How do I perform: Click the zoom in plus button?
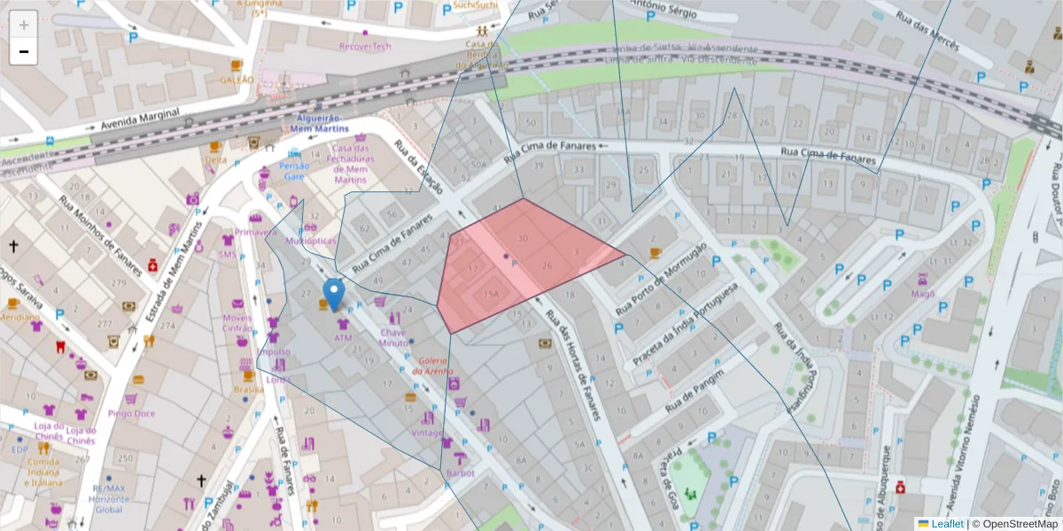click(x=24, y=24)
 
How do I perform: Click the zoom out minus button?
click(x=24, y=51)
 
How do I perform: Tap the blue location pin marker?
click(x=334, y=294)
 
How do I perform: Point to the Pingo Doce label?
click(x=131, y=413)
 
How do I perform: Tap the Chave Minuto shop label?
click(x=393, y=337)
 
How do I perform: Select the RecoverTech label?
click(x=365, y=46)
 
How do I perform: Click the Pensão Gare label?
click(x=294, y=171)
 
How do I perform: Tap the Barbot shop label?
click(x=460, y=473)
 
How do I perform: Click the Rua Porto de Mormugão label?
click(x=660, y=279)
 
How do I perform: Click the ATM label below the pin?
click(x=343, y=338)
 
